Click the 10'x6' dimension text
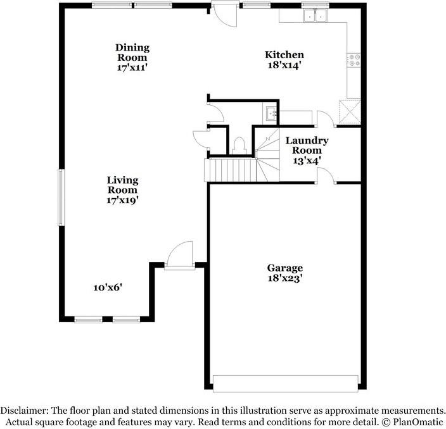(x=108, y=287)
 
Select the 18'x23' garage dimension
(x=284, y=278)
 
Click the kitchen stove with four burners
(x=354, y=60)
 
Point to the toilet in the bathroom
(x=239, y=145)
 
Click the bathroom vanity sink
(x=271, y=115)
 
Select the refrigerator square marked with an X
(x=350, y=111)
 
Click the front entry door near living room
(x=179, y=256)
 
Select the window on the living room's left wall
(x=61, y=196)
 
